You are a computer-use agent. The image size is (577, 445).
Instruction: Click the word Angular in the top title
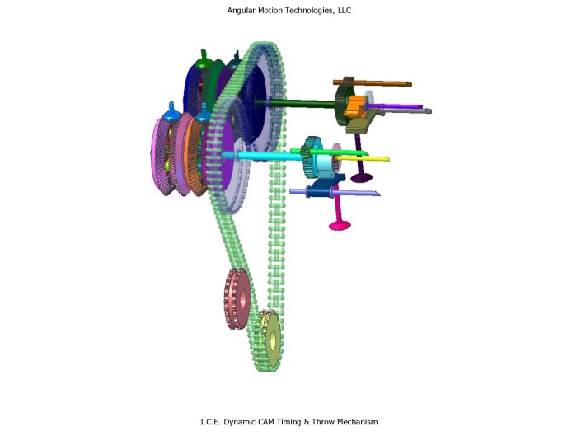pyautogui.click(x=242, y=10)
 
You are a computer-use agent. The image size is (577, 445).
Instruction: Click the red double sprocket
pyautogui.click(x=237, y=299)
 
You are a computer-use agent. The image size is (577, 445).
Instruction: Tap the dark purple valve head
pyautogui.click(x=360, y=177)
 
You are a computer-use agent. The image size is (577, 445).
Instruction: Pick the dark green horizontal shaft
pyautogui.click(x=297, y=103)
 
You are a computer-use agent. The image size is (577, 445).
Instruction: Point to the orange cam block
pyautogui.click(x=354, y=105)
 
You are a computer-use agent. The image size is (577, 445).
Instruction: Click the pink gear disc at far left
pyautogui.click(x=162, y=157)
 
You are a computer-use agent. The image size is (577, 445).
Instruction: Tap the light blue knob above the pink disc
pyautogui.click(x=171, y=108)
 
